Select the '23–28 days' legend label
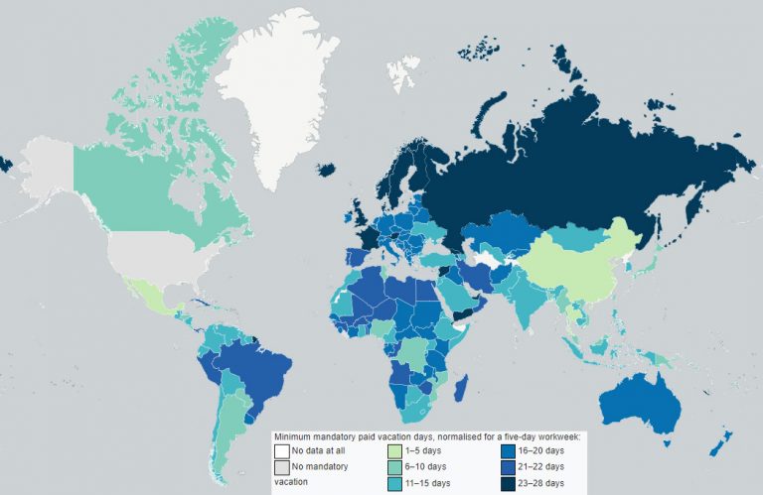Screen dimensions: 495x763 [539, 483]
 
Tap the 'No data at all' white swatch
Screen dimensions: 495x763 [283, 450]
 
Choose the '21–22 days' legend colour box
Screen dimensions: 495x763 [506, 466]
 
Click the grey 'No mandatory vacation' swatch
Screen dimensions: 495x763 [283, 466]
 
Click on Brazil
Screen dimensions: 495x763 [243, 367]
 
